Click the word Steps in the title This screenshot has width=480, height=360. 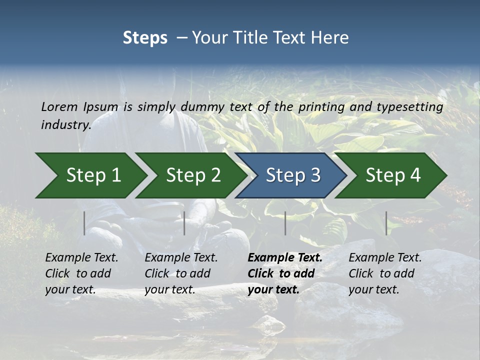click(145, 37)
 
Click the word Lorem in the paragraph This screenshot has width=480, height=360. click(59, 106)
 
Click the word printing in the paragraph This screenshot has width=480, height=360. click(320, 106)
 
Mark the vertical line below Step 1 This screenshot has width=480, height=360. click(84, 223)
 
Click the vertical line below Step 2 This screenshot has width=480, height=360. click(184, 223)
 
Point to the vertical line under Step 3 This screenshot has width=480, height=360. click(285, 223)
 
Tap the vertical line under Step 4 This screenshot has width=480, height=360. click(386, 223)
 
